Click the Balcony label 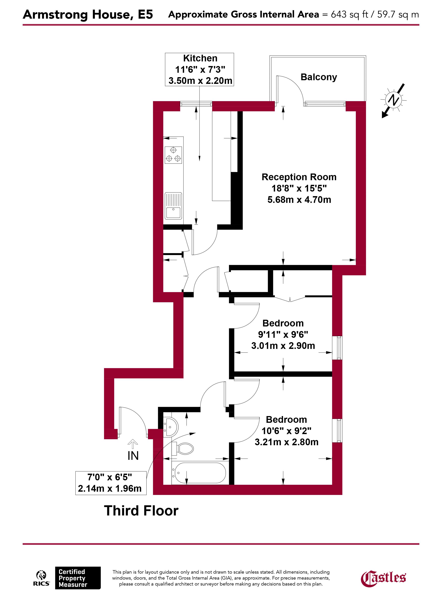318,77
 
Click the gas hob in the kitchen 173,155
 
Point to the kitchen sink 173,206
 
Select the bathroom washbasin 171,427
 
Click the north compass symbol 393,100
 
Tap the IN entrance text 133,456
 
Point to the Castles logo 383,578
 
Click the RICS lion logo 41,578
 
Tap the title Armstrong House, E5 88,15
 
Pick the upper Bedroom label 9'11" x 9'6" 283,334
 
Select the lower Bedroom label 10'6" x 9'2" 287,431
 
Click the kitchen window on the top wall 196,104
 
